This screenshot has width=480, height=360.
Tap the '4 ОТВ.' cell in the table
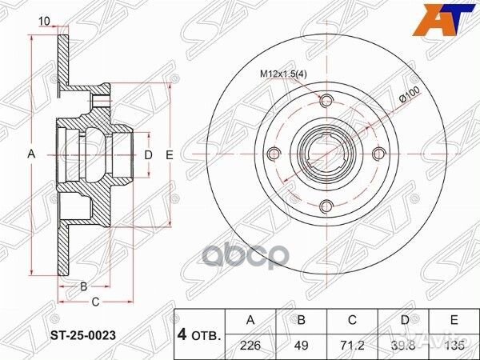tap(200, 332)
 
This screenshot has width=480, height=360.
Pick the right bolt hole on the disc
tap(377, 154)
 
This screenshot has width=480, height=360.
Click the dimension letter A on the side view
tap(32, 154)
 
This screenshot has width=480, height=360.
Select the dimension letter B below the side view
tap(82, 286)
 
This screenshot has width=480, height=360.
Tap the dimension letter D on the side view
tap(148, 154)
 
